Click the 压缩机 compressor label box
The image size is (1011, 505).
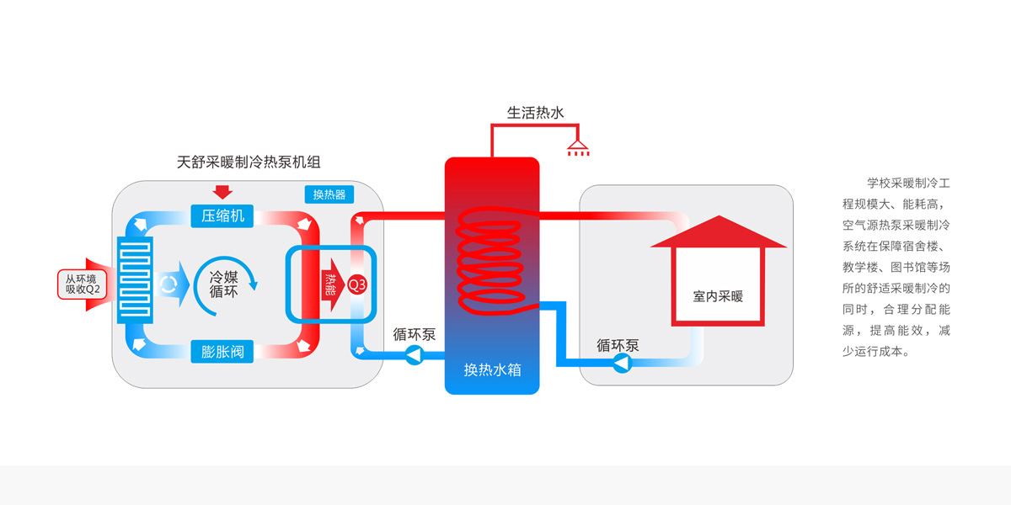click(222, 215)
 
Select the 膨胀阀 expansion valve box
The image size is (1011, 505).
click(222, 352)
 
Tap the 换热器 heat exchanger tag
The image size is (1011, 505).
click(329, 194)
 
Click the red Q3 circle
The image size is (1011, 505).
click(357, 284)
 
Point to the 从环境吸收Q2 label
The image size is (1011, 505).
click(83, 284)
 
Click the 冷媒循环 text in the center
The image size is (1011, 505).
click(224, 284)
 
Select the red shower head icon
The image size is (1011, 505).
click(578, 148)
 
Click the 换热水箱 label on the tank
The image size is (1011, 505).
click(491, 369)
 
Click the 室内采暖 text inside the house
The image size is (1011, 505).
click(718, 296)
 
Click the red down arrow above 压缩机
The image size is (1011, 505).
click(223, 190)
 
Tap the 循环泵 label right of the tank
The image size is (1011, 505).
click(618, 345)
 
